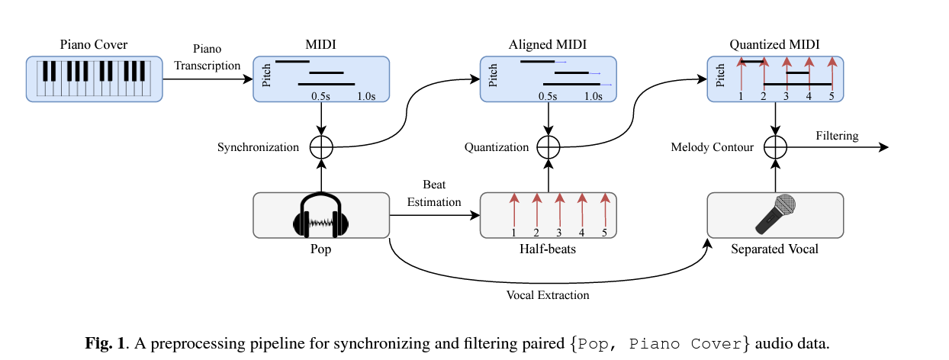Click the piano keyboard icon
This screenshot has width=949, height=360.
click(x=94, y=79)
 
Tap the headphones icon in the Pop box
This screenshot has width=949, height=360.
click(x=321, y=216)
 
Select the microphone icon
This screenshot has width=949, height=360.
click(x=775, y=214)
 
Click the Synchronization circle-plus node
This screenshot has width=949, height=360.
click(x=322, y=147)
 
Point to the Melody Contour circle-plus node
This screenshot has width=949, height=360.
click(x=775, y=147)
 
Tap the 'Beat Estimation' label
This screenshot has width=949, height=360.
click(x=434, y=194)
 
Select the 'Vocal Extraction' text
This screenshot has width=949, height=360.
click(x=548, y=295)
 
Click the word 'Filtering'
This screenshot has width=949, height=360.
click(x=837, y=136)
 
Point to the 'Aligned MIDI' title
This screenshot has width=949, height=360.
click(x=548, y=45)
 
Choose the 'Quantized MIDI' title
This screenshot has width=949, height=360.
click(x=774, y=45)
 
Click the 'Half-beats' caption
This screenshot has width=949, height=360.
click(x=548, y=249)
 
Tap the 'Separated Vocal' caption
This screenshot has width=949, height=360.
click(x=774, y=249)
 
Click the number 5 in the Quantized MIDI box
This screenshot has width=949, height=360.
click(x=832, y=97)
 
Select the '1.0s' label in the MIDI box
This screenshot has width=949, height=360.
click(x=367, y=97)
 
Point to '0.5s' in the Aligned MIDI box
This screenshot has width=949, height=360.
click(x=548, y=97)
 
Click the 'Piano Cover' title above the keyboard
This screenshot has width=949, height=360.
click(x=94, y=45)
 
